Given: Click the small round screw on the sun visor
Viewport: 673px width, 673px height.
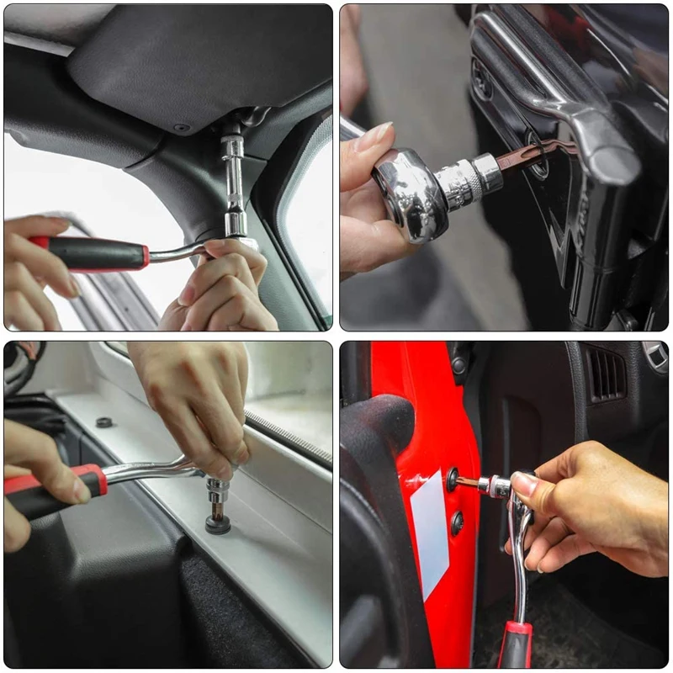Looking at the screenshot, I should pyautogui.click(x=180, y=127).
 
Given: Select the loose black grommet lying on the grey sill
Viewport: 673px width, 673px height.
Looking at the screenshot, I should pyautogui.click(x=104, y=421).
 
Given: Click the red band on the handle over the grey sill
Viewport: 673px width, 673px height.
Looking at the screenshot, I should pyautogui.click(x=98, y=480).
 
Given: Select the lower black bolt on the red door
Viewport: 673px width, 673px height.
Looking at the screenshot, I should pyautogui.click(x=457, y=523).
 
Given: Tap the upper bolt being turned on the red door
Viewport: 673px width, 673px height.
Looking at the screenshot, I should pyautogui.click(x=454, y=480).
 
